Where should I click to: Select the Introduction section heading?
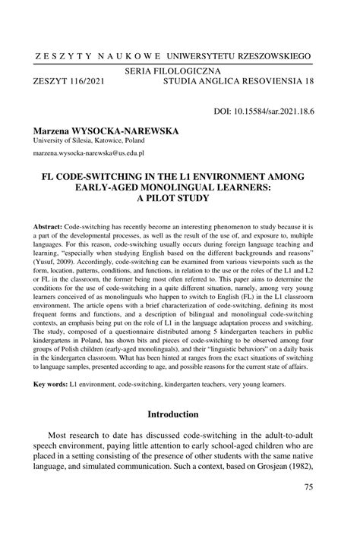(x=179, y=414)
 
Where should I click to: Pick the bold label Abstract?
(x=48, y=227)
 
